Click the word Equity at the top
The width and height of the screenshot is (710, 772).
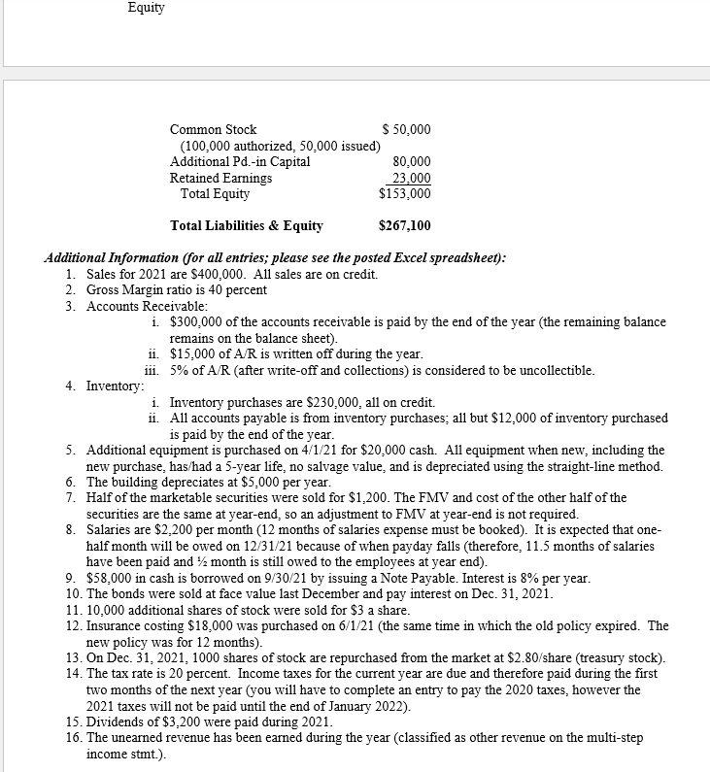pyautogui.click(x=146, y=8)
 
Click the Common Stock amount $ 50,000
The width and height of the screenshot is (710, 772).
pyautogui.click(x=407, y=130)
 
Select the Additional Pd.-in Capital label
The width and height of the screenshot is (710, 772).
pyautogui.click(x=240, y=162)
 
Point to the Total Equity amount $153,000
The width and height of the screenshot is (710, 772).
pyautogui.click(x=405, y=193)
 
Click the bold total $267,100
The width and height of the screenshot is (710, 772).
pyautogui.click(x=405, y=226)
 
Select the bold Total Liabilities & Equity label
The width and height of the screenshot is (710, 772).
pyautogui.click(x=247, y=226)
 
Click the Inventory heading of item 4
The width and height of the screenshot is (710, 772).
pyautogui.click(x=115, y=386)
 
